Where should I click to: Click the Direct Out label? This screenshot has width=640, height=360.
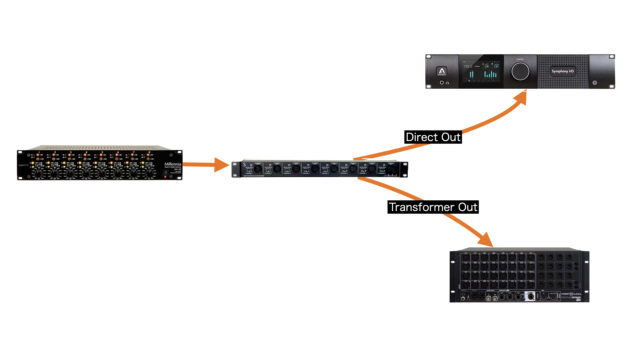pos(433,136)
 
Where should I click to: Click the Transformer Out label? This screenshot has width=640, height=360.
pos(433,207)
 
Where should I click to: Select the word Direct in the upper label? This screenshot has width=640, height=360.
pos(420,136)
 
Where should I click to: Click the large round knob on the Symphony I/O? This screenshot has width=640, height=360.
pos(522,72)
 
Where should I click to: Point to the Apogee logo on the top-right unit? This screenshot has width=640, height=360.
pos(441,70)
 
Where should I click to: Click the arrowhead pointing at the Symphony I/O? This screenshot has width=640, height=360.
pos(521,96)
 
